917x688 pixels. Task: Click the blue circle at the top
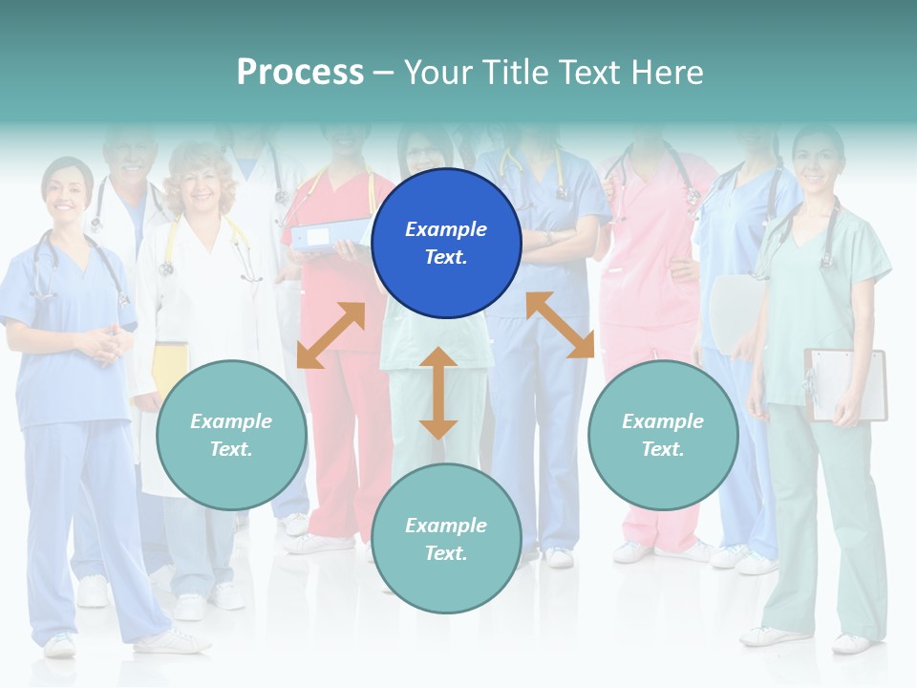tap(446, 244)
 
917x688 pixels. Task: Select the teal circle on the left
tap(231, 435)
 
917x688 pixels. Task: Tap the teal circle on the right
tap(663, 435)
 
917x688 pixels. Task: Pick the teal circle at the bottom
tap(446, 539)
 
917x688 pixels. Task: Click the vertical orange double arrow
tap(438, 393)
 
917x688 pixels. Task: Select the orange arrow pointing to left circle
tap(331, 335)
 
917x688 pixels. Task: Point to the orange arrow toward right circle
tap(560, 325)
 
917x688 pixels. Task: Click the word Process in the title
tap(300, 72)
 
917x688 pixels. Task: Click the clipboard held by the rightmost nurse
tap(846, 384)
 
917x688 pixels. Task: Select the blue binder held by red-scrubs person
tap(331, 234)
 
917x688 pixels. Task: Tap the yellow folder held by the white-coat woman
tap(170, 368)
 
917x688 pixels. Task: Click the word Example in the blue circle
tap(446, 229)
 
